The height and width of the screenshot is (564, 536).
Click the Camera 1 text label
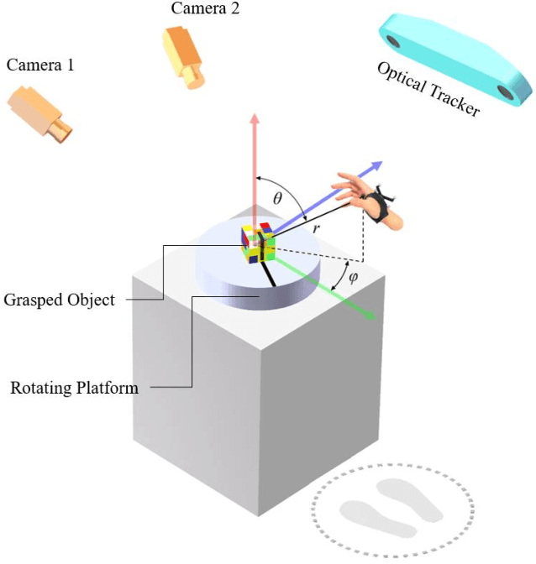[x=39, y=65]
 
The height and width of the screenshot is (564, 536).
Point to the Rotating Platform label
[x=74, y=388]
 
